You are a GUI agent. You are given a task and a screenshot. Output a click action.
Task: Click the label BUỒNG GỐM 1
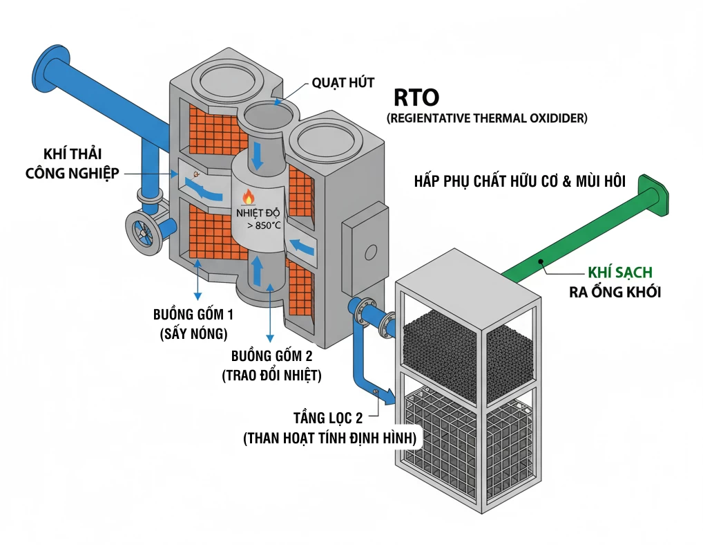(x=193, y=315)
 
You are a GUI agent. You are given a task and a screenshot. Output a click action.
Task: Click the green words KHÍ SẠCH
(x=619, y=272)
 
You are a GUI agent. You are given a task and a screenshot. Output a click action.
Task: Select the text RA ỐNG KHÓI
(x=615, y=292)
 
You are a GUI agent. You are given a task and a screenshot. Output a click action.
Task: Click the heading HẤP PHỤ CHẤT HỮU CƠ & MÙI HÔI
(x=519, y=183)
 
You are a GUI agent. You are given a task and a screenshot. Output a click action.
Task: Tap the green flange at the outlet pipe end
(x=655, y=195)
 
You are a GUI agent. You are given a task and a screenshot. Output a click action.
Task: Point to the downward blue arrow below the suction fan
(x=257, y=156)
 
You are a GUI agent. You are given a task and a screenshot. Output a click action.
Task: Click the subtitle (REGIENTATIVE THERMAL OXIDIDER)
(x=487, y=118)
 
